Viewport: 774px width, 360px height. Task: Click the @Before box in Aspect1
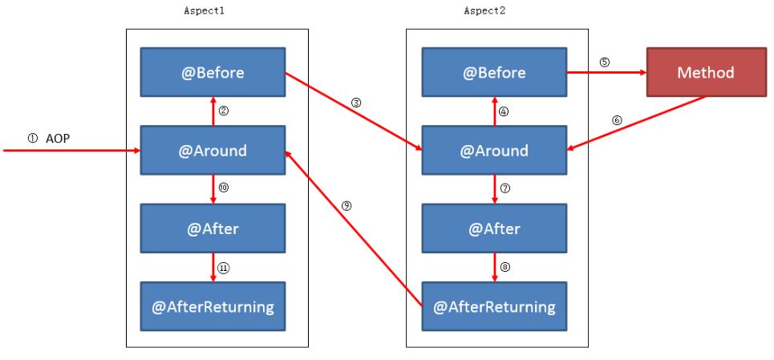click(213, 73)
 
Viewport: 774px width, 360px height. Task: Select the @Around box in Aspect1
click(213, 151)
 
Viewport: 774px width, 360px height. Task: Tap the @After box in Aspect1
click(213, 228)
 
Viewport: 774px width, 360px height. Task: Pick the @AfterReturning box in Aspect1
click(213, 305)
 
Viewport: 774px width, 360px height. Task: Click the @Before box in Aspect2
click(494, 73)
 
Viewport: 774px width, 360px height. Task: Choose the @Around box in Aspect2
click(494, 151)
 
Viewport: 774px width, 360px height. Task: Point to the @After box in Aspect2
click(494, 228)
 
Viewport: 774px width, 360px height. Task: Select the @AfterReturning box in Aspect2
click(494, 305)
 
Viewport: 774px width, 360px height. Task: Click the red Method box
click(706, 73)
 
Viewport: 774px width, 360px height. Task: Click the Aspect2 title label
click(485, 12)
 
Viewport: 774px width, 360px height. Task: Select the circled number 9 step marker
click(346, 205)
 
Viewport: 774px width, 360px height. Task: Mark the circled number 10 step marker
click(224, 188)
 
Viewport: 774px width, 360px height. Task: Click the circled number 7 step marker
click(505, 188)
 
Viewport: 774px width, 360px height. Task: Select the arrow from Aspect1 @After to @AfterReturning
click(213, 265)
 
